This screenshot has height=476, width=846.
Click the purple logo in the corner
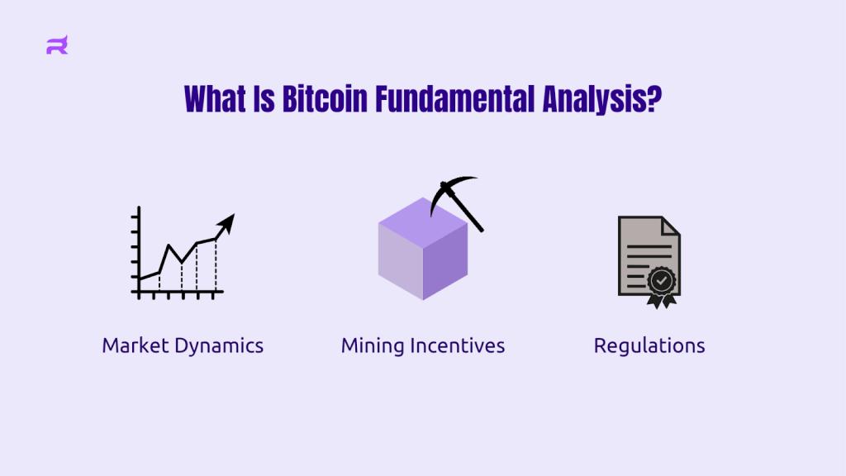pos(57,45)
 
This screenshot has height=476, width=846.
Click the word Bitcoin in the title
pos(325,99)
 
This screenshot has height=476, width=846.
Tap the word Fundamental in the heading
pos(455,99)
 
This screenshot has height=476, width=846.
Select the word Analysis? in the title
pos(601,100)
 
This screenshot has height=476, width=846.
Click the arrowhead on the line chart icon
pos(226,222)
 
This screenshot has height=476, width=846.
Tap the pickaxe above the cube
pos(456,202)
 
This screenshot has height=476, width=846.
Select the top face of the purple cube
pos(423,221)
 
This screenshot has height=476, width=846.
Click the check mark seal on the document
pos(662,280)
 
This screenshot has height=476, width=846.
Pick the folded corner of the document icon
pos(671,226)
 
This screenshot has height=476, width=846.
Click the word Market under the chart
pos(136,345)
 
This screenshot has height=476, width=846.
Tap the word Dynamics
pos(219,346)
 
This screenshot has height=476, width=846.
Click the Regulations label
pos(649,346)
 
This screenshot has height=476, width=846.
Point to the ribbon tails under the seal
pos(662,301)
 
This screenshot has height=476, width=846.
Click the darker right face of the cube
pos(445,262)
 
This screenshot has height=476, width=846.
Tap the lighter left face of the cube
pos(401,261)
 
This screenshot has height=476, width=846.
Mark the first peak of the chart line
pos(169,245)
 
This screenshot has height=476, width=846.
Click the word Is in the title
pos(264,99)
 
